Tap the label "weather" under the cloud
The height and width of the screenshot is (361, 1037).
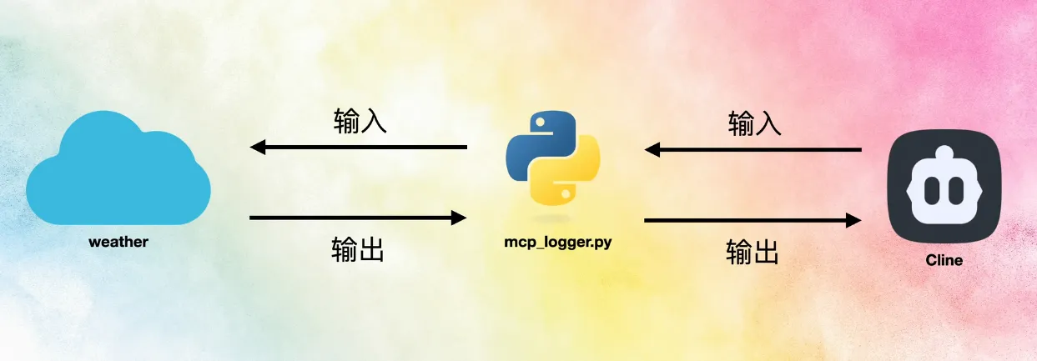(x=118, y=243)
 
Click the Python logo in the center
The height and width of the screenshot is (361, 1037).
(x=553, y=160)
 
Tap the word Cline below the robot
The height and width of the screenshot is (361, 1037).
(x=944, y=260)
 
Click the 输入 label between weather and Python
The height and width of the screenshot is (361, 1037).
(x=360, y=122)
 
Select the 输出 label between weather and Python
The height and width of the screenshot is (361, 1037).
(x=358, y=248)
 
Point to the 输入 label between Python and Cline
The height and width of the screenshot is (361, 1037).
(x=754, y=124)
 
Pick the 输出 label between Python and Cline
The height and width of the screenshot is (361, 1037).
(x=753, y=251)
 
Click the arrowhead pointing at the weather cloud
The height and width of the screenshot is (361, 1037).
(x=258, y=148)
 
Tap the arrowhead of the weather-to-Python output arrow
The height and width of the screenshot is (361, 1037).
(x=458, y=218)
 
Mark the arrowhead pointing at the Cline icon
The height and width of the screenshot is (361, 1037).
(x=853, y=221)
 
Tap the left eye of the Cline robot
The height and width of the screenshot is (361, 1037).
(x=933, y=191)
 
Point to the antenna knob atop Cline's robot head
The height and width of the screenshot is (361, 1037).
(x=944, y=153)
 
